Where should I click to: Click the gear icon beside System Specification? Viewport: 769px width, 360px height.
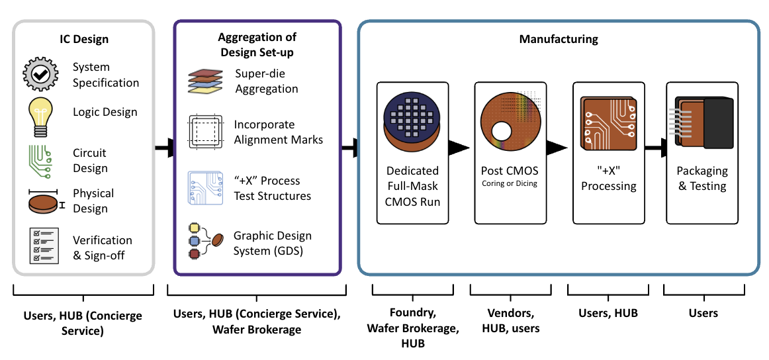click(42, 75)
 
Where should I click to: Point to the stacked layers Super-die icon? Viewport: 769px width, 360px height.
click(206, 81)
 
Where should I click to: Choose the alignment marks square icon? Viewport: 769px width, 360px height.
click(206, 131)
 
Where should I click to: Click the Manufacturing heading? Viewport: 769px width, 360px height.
click(558, 39)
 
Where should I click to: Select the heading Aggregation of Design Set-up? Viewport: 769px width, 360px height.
click(257, 44)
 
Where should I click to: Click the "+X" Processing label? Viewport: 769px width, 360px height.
click(608, 179)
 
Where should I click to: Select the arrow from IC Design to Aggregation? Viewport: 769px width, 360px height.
click(163, 148)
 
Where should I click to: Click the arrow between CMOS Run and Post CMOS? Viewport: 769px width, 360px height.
click(459, 148)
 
